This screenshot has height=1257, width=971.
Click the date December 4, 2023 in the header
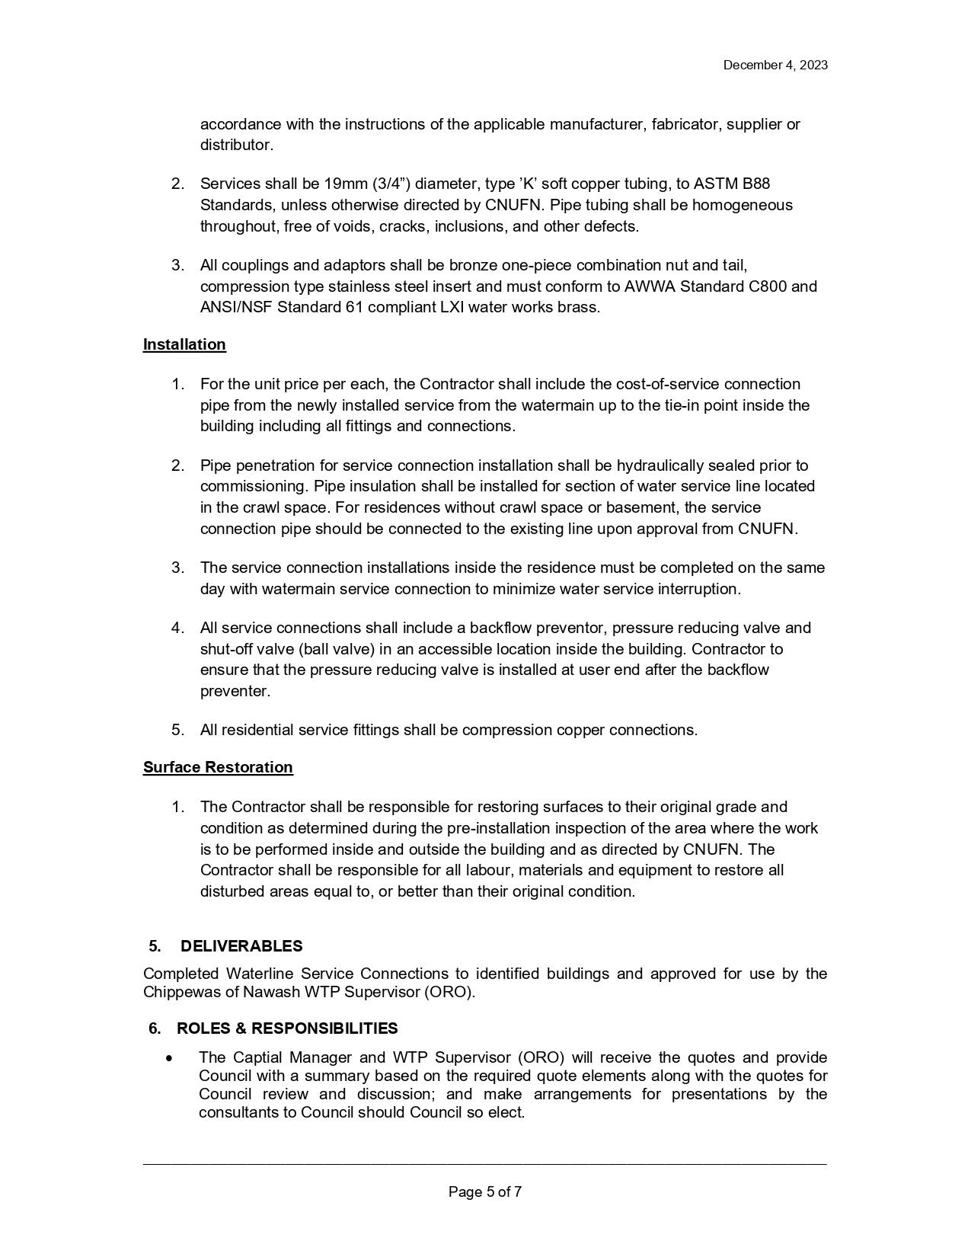(775, 65)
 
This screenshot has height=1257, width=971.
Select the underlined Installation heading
(184, 344)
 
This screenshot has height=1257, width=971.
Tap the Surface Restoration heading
(218, 767)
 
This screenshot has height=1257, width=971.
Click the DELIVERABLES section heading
(241, 946)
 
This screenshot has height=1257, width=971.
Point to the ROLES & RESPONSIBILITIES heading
(286, 1028)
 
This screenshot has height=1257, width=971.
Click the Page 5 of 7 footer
(485, 1192)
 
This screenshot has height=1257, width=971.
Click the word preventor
(576, 628)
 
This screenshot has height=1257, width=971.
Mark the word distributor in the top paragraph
(235, 145)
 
